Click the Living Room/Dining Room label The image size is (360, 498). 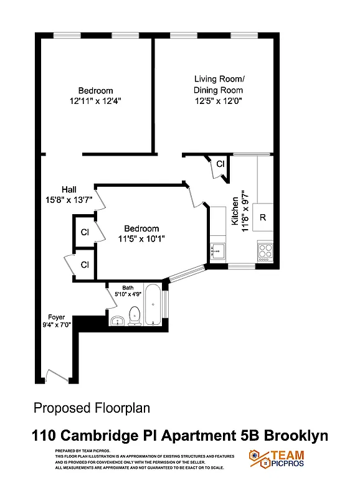219,85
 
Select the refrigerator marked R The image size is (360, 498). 263,217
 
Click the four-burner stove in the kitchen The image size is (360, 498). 265,251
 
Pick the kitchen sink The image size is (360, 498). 218,251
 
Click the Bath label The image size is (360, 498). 128,288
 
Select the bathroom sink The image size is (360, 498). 117,321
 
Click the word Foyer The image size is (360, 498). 56,317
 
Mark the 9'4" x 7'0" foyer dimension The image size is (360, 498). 57,324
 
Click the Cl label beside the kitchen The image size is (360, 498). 220,164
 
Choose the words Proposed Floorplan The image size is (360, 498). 91,408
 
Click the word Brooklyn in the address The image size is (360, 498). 296,436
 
